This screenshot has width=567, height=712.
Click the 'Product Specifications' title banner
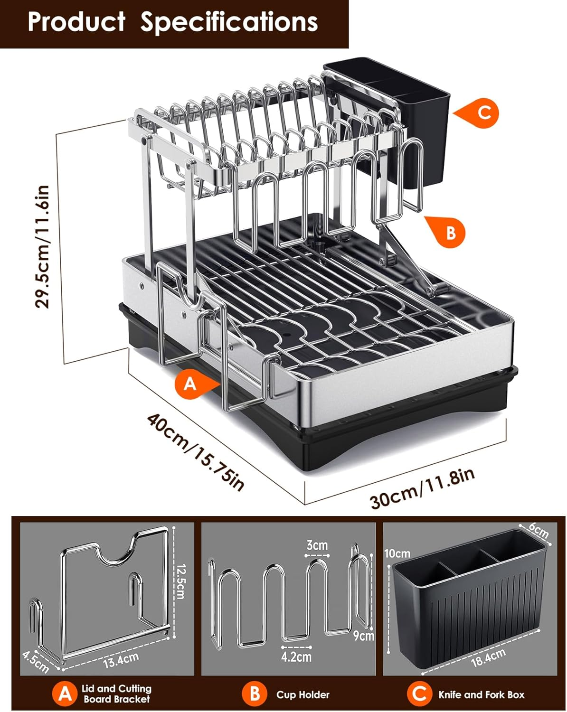click(x=173, y=22)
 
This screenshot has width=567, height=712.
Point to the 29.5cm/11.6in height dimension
click(x=43, y=246)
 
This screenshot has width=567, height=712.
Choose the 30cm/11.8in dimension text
click(x=422, y=488)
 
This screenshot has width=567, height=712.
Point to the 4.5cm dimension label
click(x=36, y=662)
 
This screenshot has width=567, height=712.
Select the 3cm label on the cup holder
click(x=317, y=545)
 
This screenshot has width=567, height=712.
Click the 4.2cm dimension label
click(x=296, y=657)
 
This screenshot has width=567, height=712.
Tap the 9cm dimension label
click(x=363, y=635)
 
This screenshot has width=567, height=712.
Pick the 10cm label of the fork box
click(x=397, y=553)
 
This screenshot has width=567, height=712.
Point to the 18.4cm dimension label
click(x=488, y=658)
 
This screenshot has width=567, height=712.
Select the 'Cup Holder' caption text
click(x=302, y=694)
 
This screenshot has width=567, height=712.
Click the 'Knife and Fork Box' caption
click(x=481, y=694)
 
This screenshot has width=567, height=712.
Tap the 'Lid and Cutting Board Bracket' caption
click(x=116, y=693)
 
